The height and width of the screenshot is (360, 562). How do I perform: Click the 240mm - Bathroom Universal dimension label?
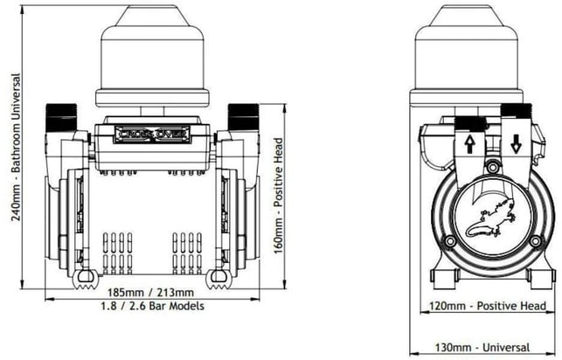[x=16, y=147]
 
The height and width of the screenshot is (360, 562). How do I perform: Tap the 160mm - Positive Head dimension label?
[x=279, y=196]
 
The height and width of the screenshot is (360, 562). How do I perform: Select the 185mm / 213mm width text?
[x=151, y=293]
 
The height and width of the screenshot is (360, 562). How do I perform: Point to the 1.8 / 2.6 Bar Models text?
[x=152, y=306]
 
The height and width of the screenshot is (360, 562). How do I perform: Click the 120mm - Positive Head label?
[x=488, y=306]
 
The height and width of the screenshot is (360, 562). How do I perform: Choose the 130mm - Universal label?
[x=482, y=348]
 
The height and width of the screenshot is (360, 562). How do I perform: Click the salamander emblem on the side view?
[x=491, y=220]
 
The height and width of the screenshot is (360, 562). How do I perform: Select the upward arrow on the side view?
[x=469, y=145]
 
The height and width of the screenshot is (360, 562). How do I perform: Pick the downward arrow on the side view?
[x=516, y=145]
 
